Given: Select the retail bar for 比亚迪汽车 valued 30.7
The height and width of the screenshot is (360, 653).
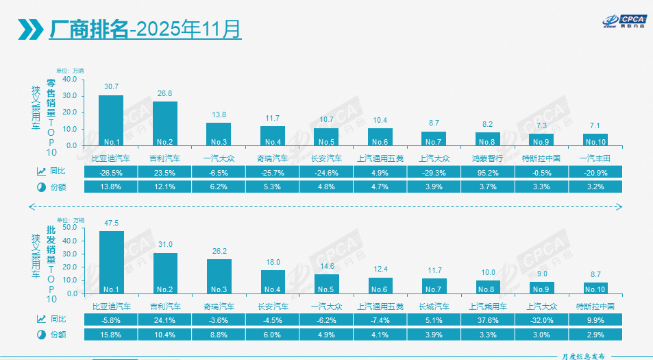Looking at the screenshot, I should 111,120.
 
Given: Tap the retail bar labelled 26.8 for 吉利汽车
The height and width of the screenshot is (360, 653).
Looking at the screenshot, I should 164,123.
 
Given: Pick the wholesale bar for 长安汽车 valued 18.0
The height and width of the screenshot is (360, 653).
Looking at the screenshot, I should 273,281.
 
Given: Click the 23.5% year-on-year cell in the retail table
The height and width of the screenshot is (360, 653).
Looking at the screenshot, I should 164,173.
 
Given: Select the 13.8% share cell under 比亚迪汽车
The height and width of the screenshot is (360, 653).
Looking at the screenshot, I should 111,187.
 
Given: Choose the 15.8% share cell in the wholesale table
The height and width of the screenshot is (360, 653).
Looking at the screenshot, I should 111,335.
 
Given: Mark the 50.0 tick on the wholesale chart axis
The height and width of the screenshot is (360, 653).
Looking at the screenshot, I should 70,227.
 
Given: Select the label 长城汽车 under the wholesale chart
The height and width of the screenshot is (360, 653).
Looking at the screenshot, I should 434,306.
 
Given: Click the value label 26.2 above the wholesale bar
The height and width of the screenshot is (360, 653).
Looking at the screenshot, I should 219,251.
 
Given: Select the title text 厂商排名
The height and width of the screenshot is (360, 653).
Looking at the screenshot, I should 89,29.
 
